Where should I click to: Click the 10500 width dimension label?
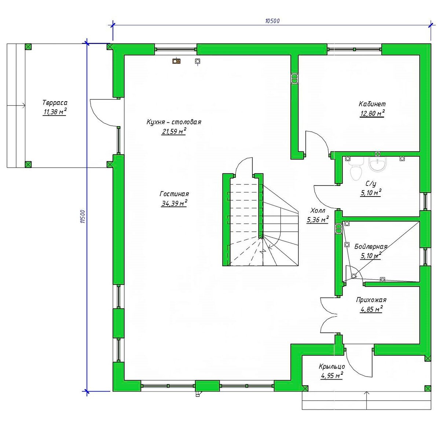[x=273, y=21]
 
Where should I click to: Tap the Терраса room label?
[x=55, y=103]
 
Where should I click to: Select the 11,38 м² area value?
[x=55, y=112]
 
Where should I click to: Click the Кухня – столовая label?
[x=174, y=122]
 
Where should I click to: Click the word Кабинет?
[x=372, y=104]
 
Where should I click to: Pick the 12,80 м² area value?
[x=372, y=113]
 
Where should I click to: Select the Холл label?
[x=318, y=210]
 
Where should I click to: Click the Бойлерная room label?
[x=371, y=247]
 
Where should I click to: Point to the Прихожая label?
[x=371, y=300]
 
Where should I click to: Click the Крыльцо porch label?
[x=332, y=366]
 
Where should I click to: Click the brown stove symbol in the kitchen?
[x=176, y=61]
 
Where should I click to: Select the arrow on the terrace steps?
[x=16, y=105]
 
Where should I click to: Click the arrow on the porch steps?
[x=367, y=403]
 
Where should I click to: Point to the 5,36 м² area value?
[x=318, y=220]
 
